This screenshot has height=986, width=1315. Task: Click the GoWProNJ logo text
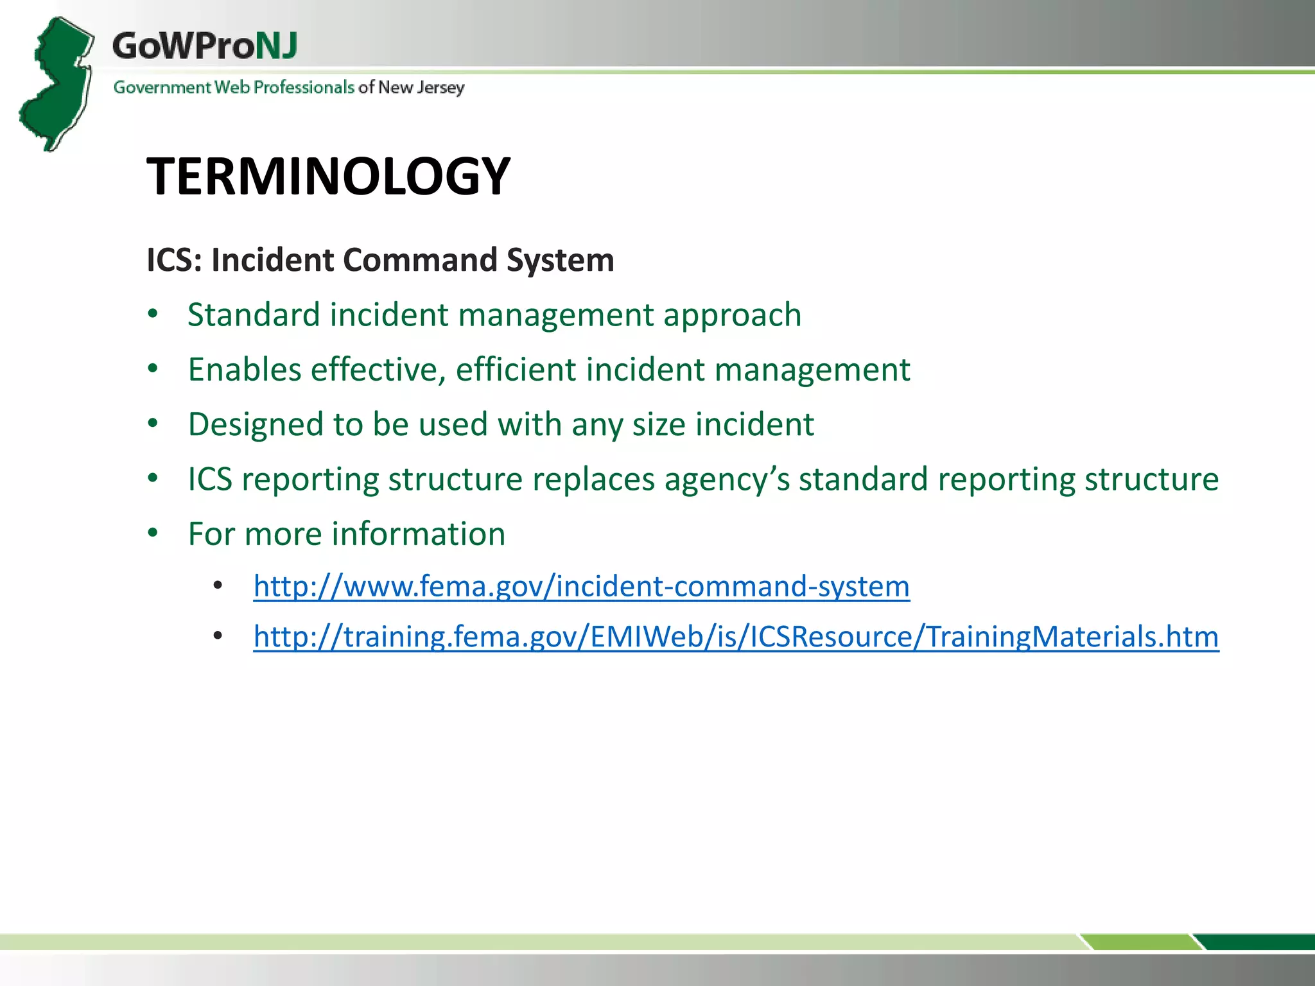204,46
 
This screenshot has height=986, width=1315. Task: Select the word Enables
245,370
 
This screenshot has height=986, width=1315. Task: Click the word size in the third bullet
659,425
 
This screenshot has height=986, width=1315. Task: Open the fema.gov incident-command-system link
581,586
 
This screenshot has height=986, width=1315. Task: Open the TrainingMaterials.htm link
736,637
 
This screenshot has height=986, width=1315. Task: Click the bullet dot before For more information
153,533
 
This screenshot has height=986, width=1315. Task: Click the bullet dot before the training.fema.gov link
218,636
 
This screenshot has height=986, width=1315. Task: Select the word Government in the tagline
162,87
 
